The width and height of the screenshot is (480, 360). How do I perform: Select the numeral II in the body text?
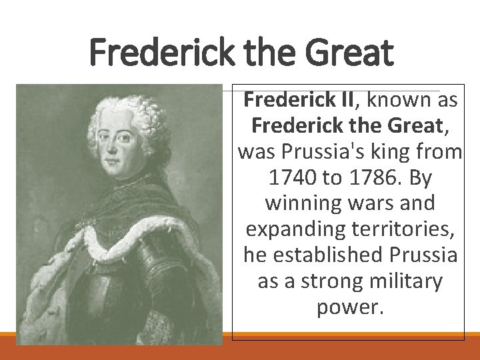point(347,100)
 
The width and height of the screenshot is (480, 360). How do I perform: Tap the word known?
point(399,100)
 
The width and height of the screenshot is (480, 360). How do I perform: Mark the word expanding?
point(291,229)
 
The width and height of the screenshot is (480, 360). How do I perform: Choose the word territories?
point(397,229)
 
